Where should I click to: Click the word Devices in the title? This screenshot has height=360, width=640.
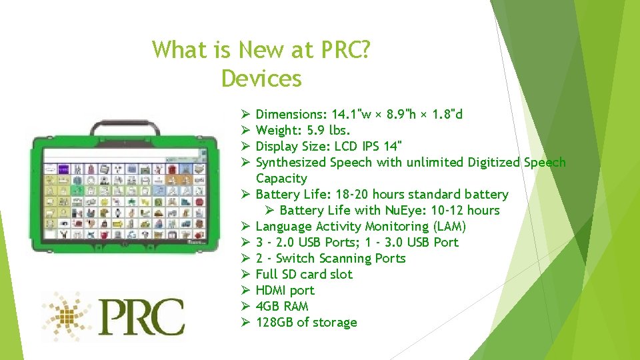(x=261, y=79)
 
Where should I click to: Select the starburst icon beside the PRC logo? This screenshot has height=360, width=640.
(x=67, y=316)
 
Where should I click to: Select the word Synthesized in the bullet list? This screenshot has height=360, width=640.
(x=291, y=162)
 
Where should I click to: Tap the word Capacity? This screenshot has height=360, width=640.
(x=281, y=178)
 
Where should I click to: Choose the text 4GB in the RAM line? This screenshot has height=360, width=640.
(x=268, y=306)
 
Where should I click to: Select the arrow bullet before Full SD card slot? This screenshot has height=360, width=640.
(x=245, y=274)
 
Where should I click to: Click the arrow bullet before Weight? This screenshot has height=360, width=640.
(x=245, y=130)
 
